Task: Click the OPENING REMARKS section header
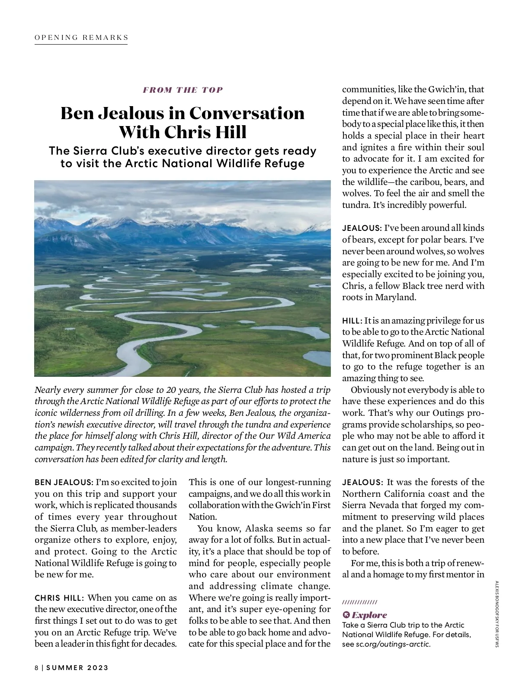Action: tap(81, 37)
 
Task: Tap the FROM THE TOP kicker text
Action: tap(183, 90)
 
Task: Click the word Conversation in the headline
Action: tap(247, 113)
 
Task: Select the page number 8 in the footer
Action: tap(37, 667)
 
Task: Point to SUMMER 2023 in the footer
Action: tap(77, 667)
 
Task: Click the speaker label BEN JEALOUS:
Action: tap(64, 483)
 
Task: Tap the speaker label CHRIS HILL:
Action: tap(59, 598)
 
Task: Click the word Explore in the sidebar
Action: tap(369, 615)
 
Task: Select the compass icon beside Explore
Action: tap(346, 615)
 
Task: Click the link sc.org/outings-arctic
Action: tap(393, 644)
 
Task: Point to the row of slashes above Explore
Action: tap(359, 602)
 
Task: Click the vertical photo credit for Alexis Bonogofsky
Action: tap(497, 614)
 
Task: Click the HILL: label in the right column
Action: tap(352, 321)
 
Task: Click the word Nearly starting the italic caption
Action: tap(48, 390)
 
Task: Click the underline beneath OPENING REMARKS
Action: tap(81, 44)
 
